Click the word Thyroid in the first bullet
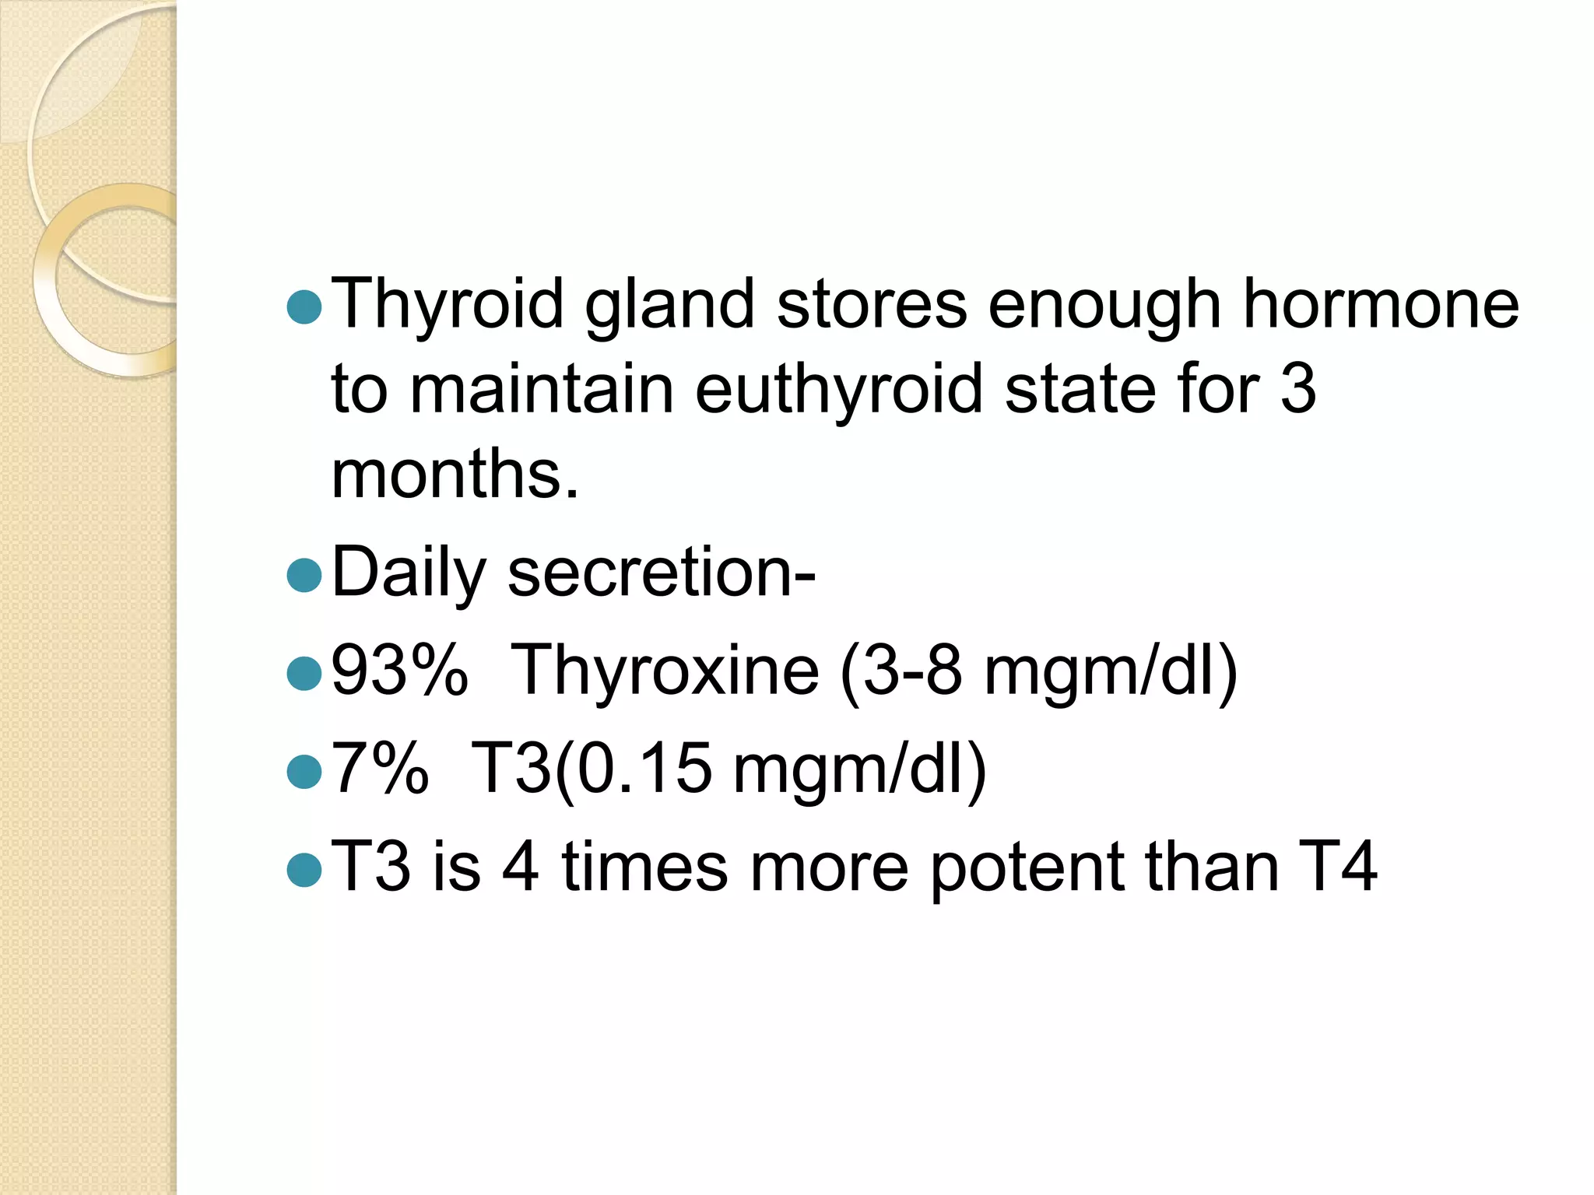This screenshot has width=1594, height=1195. [x=448, y=305]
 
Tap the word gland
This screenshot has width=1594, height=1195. [x=669, y=305]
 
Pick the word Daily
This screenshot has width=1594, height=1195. [x=409, y=574]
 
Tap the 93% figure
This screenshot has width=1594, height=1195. [x=399, y=671]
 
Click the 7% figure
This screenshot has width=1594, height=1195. [x=380, y=769]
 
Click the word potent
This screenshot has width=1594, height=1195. [x=1027, y=868]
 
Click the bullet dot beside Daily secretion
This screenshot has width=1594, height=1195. [x=304, y=576]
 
